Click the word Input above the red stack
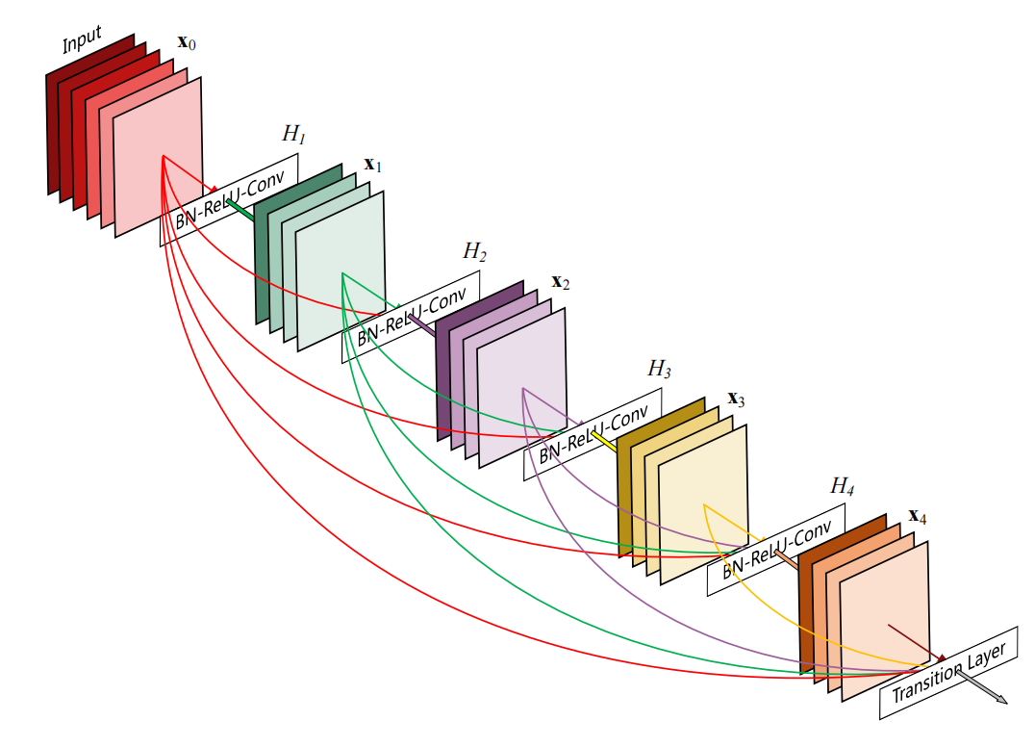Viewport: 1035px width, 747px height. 82,39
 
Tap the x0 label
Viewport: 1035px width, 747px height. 188,43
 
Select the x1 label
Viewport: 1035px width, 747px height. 372,166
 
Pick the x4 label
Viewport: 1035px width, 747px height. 917,516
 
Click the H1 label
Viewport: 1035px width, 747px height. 293,135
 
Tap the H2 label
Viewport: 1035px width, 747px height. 474,252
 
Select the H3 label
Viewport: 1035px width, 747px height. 659,369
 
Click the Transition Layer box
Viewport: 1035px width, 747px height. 947,674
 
